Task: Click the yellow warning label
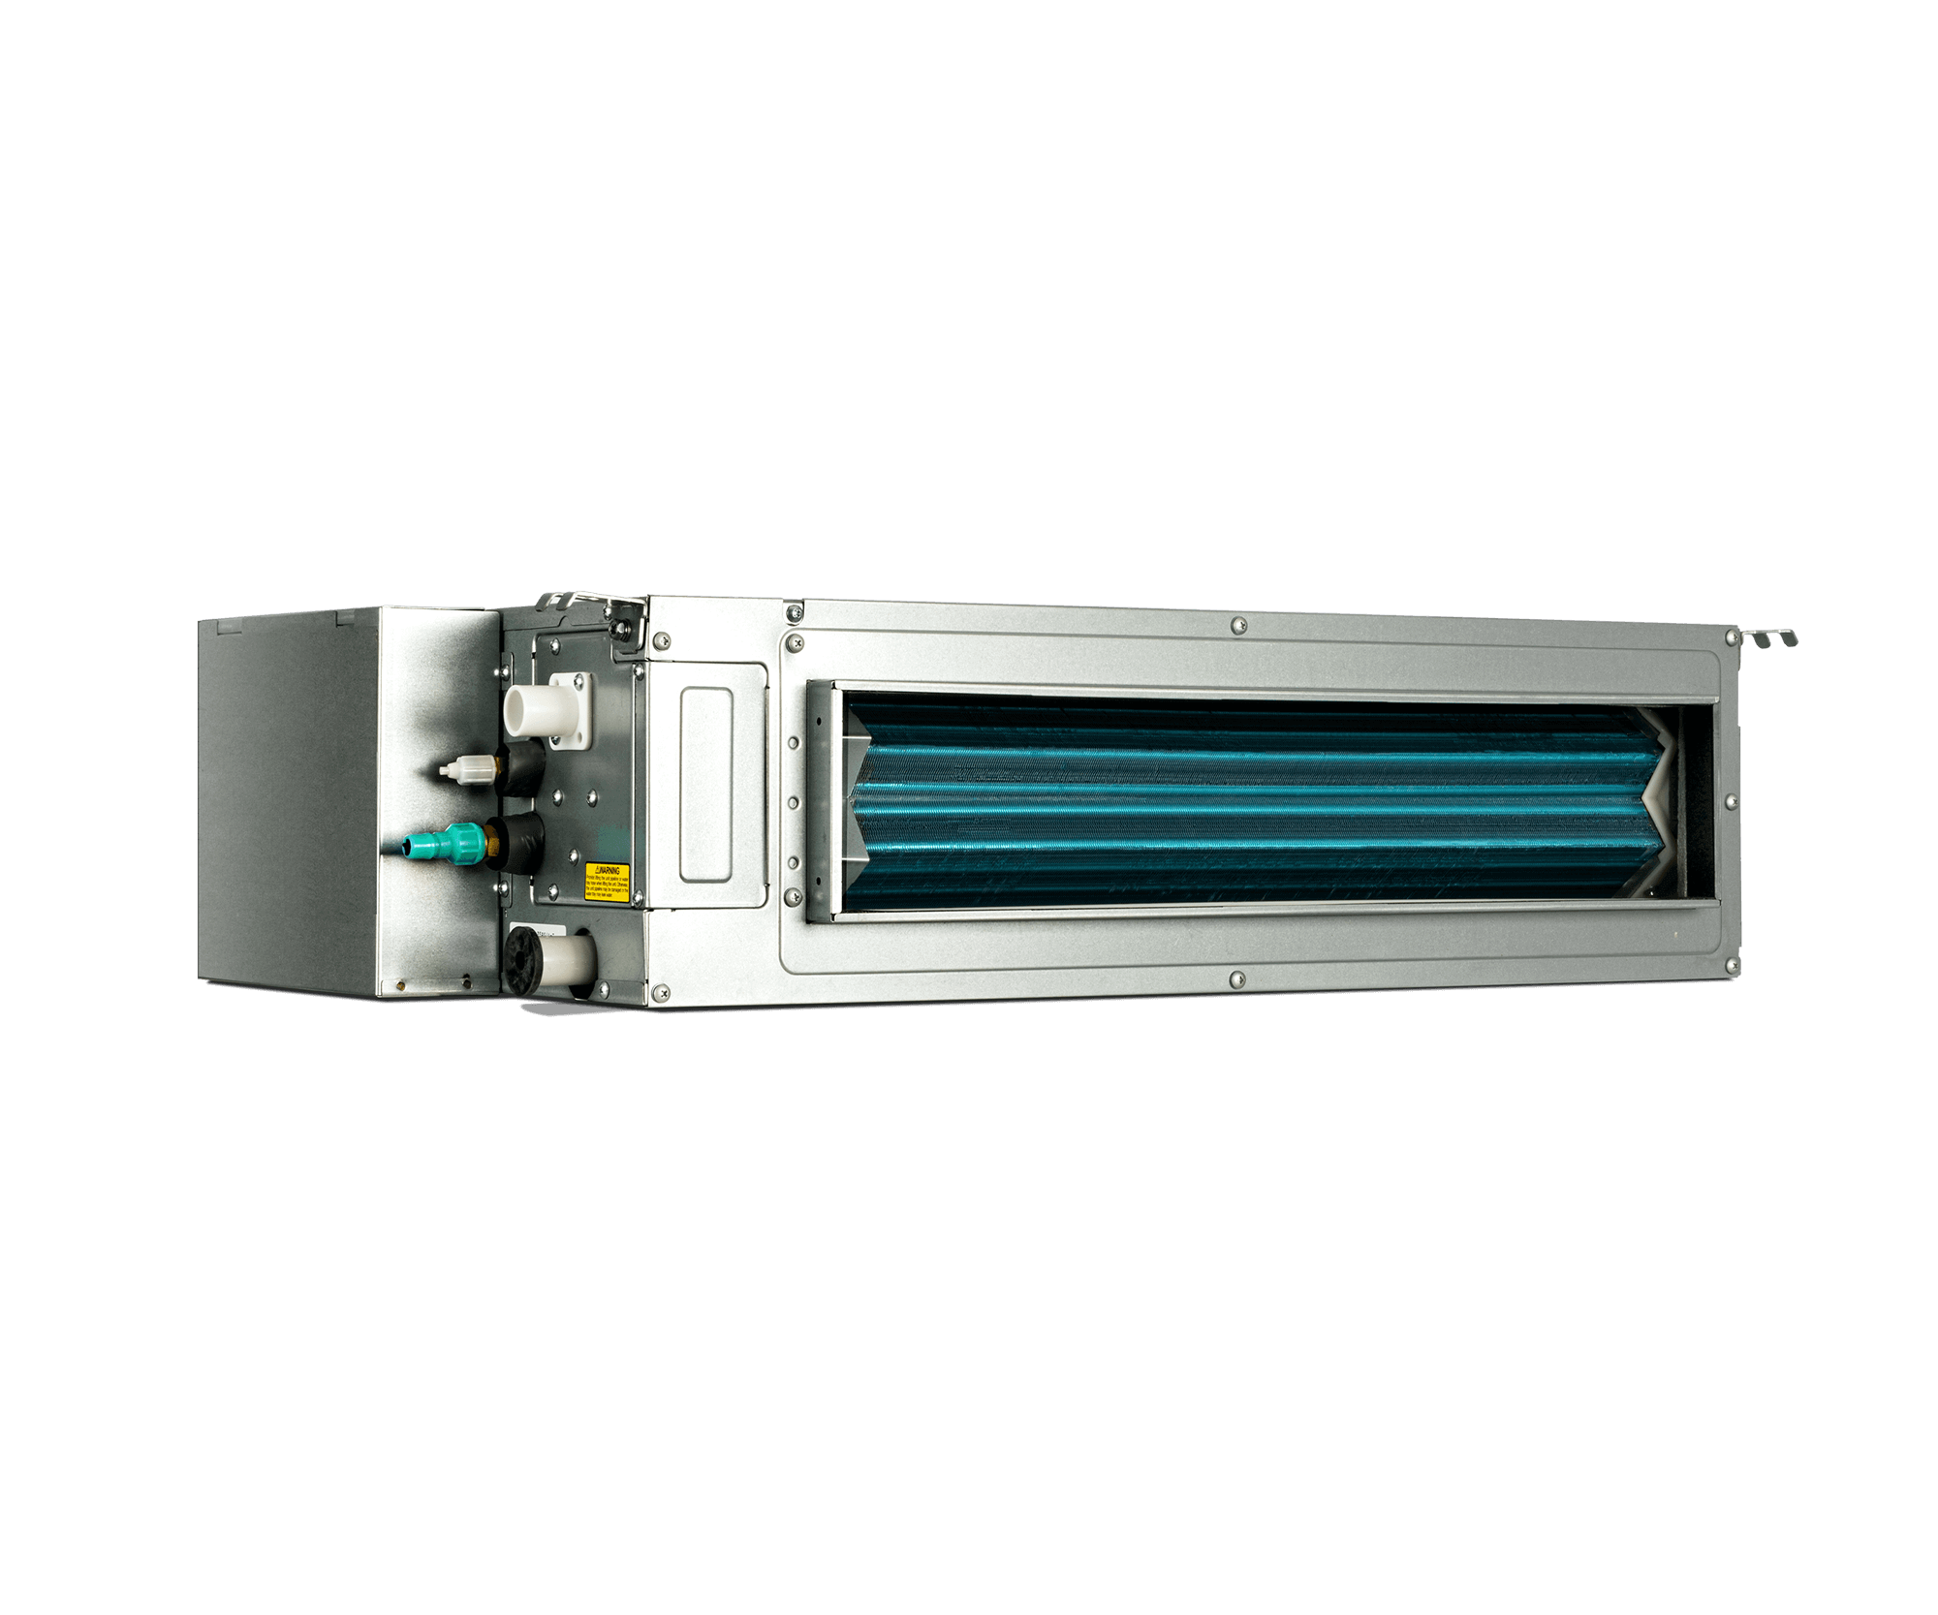coord(607,883)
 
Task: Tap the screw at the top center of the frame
coord(1237,626)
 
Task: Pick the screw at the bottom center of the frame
coord(1235,981)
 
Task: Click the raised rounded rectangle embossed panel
coord(705,785)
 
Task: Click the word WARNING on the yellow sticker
coord(609,871)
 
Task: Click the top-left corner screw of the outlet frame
coord(797,643)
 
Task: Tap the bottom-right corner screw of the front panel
coord(1732,965)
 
